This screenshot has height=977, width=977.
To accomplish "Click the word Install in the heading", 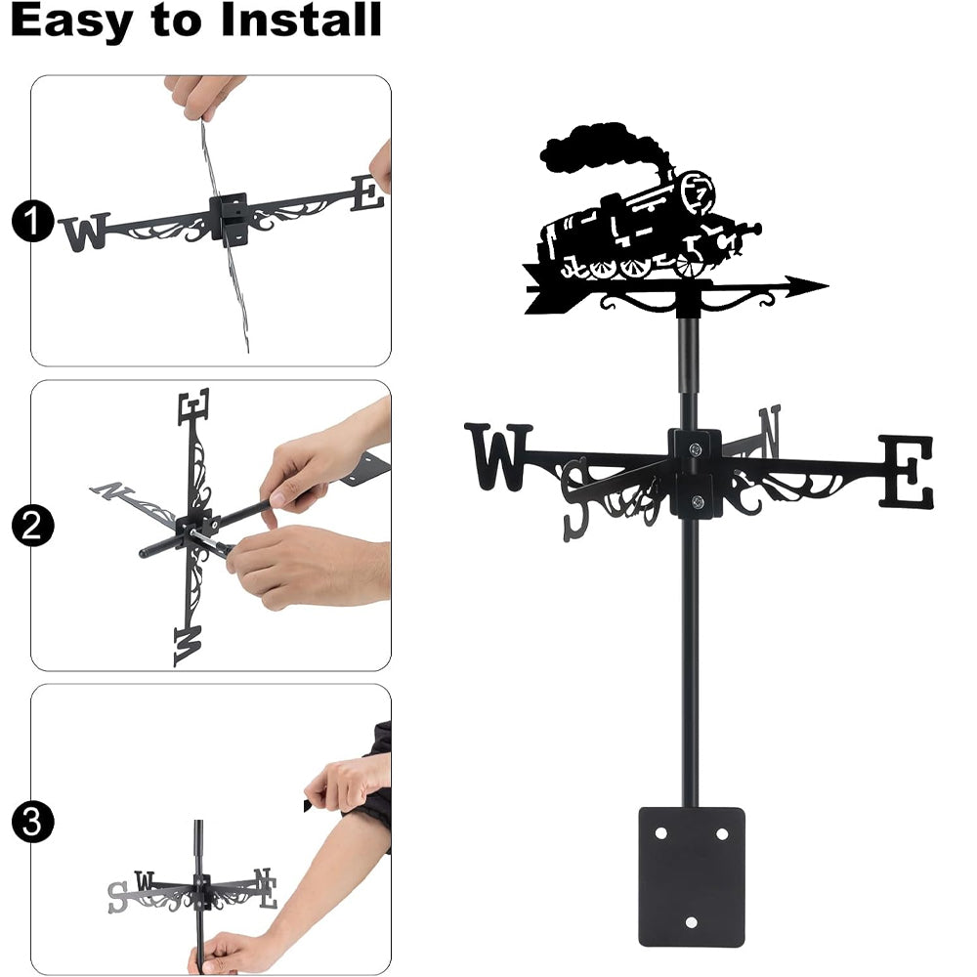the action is tap(301, 20).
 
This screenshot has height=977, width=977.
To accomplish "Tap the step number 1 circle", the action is tap(32, 221).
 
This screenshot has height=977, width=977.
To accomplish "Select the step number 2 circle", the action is tap(32, 526).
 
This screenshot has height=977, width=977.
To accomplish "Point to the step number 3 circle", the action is tap(32, 822).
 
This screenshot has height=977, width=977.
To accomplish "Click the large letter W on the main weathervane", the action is tap(498, 456).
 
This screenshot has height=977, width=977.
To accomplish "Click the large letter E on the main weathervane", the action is tap(907, 472).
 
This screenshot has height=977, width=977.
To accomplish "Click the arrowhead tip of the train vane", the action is tap(828, 286).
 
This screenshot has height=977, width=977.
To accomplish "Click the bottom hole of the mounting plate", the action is tap(691, 922).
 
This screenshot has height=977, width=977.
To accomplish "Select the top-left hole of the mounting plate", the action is tap(660, 833).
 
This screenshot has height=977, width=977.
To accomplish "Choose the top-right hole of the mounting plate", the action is tap(722, 833).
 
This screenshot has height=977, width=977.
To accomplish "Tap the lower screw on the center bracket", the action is tap(698, 500).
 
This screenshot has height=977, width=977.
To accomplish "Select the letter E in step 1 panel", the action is tap(367, 193).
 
